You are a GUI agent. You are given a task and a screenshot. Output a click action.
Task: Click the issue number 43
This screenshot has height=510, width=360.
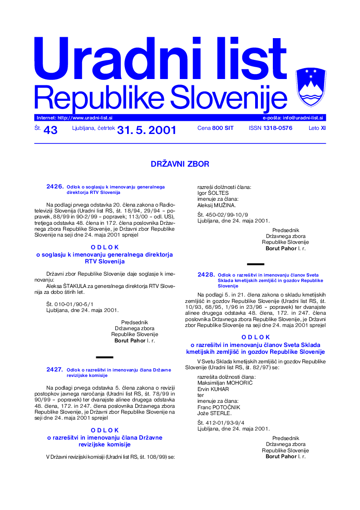(x=50, y=130)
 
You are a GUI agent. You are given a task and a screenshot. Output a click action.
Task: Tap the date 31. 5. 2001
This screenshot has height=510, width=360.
(x=146, y=130)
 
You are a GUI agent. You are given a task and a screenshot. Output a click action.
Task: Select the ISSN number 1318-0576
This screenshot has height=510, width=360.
(x=277, y=128)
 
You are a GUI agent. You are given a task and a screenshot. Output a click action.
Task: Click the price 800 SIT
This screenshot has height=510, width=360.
(x=222, y=128)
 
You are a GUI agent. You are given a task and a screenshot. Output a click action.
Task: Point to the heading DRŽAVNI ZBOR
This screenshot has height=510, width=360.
(x=180, y=164)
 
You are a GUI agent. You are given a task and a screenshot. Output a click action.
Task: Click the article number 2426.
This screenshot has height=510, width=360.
(x=55, y=187)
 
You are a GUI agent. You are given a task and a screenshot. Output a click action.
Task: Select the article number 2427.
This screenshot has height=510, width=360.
(x=55, y=370)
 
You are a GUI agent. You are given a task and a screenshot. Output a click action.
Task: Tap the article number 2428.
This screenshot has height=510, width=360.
(x=206, y=275)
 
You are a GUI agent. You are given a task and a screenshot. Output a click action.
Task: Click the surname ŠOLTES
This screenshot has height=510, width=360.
(x=220, y=193)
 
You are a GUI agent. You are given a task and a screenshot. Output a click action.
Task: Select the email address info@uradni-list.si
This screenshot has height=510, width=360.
(x=299, y=118)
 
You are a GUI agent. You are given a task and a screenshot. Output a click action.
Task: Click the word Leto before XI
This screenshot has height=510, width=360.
(x=314, y=128)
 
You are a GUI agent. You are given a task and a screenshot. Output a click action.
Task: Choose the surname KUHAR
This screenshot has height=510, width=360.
(x=219, y=389)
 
